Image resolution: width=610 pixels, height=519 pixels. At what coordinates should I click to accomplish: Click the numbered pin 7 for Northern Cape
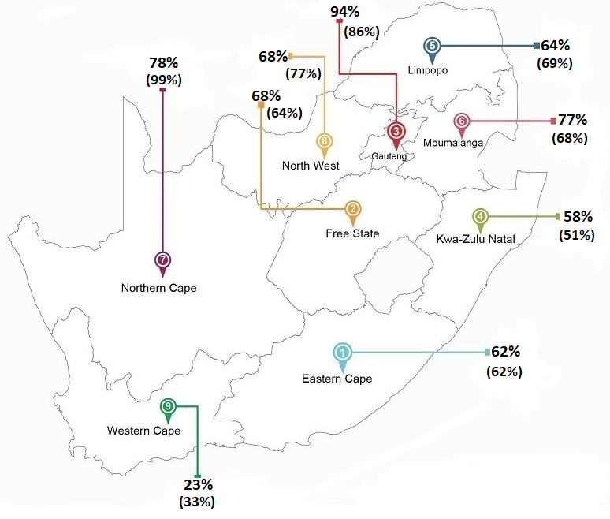click(x=163, y=261)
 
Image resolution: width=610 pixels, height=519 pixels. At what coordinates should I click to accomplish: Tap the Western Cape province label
click(x=143, y=431)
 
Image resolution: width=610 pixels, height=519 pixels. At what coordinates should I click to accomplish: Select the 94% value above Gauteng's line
click(x=345, y=11)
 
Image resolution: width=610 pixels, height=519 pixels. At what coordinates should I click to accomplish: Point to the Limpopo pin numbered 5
click(x=431, y=47)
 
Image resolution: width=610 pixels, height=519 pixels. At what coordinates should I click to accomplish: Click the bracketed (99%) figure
click(x=164, y=80)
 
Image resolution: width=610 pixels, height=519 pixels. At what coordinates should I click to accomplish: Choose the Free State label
click(x=352, y=233)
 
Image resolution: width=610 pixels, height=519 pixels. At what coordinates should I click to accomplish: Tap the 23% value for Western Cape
click(x=198, y=485)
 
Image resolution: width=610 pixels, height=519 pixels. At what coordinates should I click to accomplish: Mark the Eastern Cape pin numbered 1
click(x=343, y=353)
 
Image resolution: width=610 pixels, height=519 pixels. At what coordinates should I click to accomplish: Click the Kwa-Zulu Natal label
click(x=481, y=238)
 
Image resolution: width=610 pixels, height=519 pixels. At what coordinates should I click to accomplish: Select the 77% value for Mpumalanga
click(x=572, y=120)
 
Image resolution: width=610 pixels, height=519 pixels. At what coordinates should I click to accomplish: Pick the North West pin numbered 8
click(x=325, y=143)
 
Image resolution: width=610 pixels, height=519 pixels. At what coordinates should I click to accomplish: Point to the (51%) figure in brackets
click(x=576, y=234)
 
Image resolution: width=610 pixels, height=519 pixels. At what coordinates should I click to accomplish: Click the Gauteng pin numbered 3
click(x=396, y=132)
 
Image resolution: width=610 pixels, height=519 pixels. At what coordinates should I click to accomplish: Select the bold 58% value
click(x=578, y=216)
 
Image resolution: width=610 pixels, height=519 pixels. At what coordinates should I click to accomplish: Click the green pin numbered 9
click(x=168, y=408)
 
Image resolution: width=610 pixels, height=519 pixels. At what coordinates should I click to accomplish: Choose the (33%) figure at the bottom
click(x=197, y=502)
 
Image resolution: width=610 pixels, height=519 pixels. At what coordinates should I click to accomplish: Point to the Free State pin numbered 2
click(x=352, y=210)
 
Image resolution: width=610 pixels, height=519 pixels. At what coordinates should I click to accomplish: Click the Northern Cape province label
click(x=158, y=288)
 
